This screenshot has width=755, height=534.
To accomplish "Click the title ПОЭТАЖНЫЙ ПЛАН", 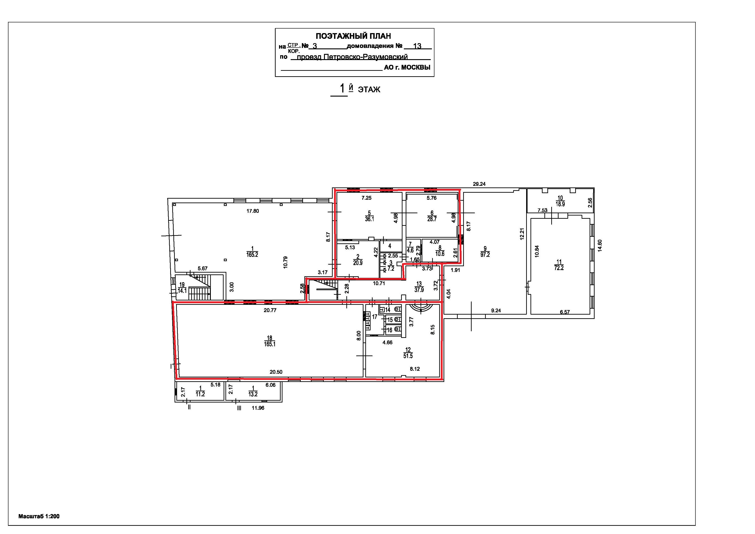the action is [x=353, y=36].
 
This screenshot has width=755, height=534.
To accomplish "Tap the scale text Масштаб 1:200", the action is [x=39, y=516].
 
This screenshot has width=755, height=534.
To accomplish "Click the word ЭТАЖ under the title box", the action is [x=369, y=89].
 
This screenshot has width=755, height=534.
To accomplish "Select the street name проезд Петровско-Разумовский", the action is [x=352, y=57].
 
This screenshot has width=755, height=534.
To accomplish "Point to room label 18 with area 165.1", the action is [x=270, y=341].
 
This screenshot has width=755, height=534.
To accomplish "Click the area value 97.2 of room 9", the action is [x=485, y=254].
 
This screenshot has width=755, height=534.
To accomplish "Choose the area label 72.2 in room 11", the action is [x=559, y=268].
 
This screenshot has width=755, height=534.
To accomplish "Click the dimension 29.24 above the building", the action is [x=479, y=184].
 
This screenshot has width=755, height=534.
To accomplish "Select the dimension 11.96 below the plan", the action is [x=258, y=408].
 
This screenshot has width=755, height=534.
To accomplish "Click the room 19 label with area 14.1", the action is [x=182, y=288].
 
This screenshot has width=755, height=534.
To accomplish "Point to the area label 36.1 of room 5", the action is [x=369, y=219].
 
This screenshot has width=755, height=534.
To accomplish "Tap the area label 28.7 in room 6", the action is [x=432, y=219].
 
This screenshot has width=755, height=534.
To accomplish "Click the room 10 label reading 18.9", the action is [x=560, y=201].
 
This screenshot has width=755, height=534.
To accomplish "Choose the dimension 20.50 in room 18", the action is [x=276, y=372].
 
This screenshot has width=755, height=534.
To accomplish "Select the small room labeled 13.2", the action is [x=253, y=391].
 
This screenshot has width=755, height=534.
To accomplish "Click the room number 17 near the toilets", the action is [x=375, y=317].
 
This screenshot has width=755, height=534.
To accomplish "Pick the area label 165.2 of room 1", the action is [x=252, y=254].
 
